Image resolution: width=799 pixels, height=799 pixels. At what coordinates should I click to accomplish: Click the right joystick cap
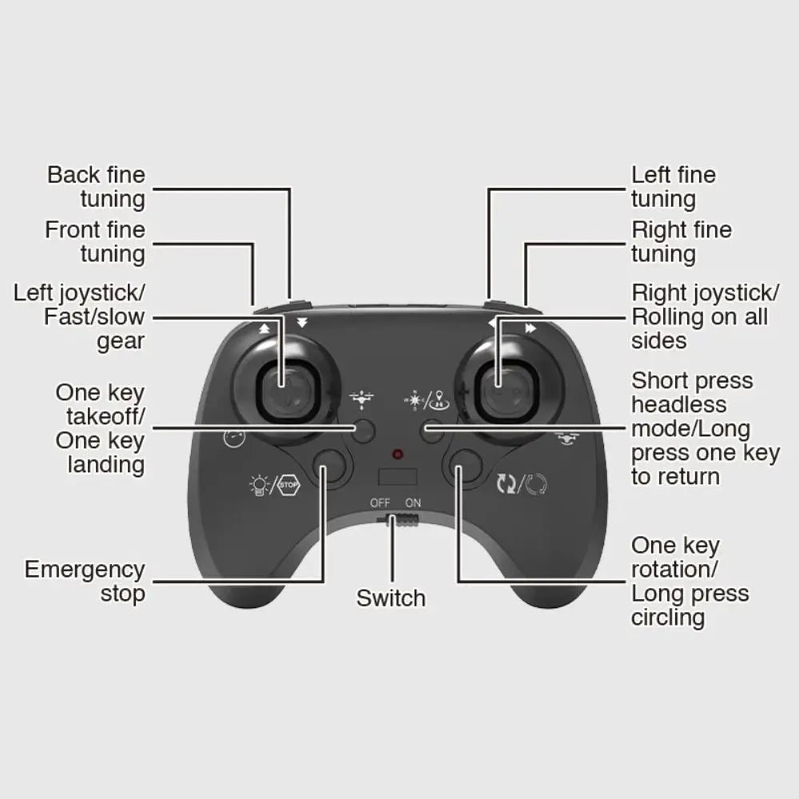click(x=507, y=391)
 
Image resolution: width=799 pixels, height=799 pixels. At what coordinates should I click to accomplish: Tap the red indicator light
click(x=398, y=454)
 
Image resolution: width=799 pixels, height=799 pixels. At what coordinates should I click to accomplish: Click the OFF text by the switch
click(x=380, y=503)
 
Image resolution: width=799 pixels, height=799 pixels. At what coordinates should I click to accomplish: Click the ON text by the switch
click(x=413, y=503)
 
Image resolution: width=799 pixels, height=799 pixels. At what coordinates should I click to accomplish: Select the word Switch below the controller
click(x=391, y=598)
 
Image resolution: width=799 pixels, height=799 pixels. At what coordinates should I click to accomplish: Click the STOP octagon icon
click(x=288, y=485)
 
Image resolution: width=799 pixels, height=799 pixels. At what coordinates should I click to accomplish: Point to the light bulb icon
click(x=259, y=485)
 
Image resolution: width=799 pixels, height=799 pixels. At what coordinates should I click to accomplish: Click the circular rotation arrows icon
click(x=536, y=484)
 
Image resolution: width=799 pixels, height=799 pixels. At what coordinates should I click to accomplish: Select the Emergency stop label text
click(x=85, y=582)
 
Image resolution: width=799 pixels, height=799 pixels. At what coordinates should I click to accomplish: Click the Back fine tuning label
click(x=97, y=186)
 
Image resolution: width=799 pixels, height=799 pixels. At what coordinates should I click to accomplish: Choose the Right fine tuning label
click(x=682, y=241)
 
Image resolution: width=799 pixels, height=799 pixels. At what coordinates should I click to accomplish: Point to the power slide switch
click(x=398, y=520)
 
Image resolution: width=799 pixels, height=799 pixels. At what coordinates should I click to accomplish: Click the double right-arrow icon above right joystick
click(x=531, y=328)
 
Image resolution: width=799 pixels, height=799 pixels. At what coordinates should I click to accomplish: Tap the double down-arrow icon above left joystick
click(x=302, y=323)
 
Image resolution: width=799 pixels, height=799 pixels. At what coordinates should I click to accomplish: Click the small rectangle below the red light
click(x=398, y=477)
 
